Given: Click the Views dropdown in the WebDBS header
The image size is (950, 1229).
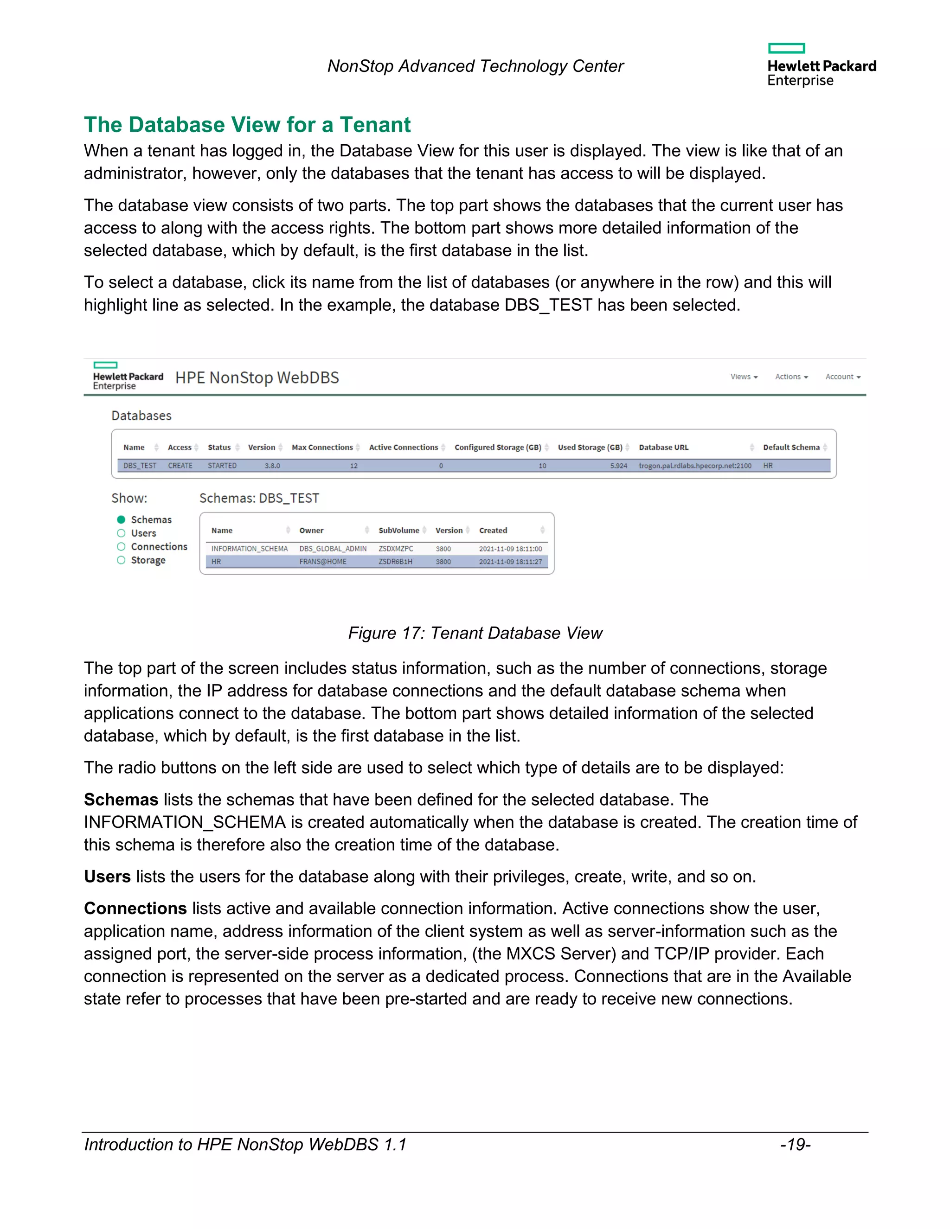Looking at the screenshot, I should click(x=744, y=377).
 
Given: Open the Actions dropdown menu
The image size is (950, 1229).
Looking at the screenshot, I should click(x=791, y=377).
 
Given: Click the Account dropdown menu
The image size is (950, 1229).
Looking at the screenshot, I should click(x=842, y=377).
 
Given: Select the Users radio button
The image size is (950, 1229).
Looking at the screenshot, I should click(x=121, y=533).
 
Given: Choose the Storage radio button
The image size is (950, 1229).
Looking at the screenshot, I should click(x=121, y=560).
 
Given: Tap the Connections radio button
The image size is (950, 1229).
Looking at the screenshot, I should click(x=121, y=546).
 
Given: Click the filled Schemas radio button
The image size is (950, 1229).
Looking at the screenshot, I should click(x=121, y=519).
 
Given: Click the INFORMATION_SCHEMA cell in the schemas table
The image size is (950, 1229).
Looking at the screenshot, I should click(x=249, y=548).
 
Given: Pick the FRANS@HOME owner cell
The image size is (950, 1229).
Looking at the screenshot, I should click(x=322, y=562).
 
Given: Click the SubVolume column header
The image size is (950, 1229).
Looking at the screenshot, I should click(x=398, y=530).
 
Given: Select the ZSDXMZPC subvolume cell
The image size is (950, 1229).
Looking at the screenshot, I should click(x=396, y=548).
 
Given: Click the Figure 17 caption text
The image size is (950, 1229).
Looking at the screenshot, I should click(x=475, y=633).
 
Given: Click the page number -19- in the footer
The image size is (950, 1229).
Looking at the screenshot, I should click(x=795, y=1145).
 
